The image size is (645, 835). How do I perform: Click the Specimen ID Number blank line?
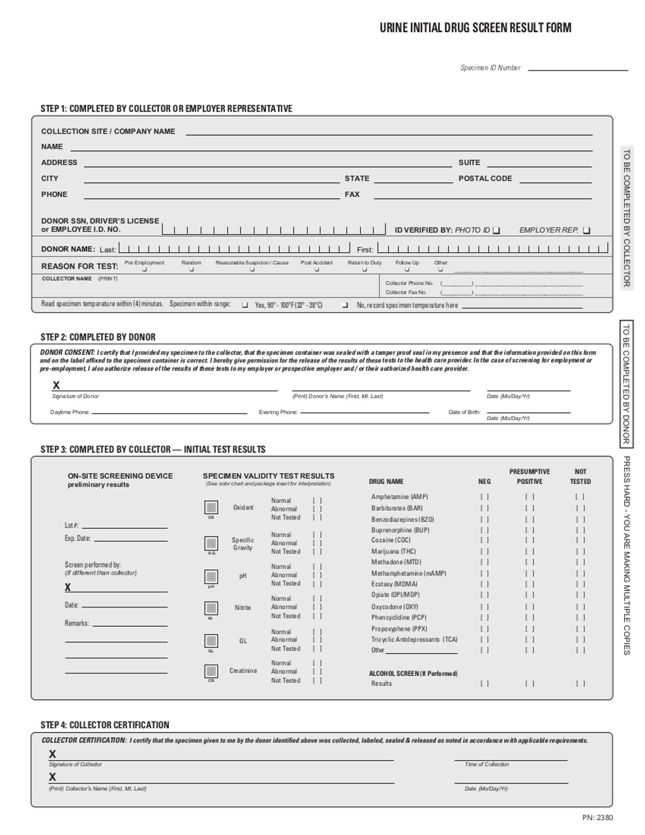578,68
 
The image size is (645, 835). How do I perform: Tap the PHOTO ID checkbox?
496,230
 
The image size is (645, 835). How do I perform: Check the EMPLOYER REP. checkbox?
586,230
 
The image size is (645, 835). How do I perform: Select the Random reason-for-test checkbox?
190,269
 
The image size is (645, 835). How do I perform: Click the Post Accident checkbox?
316,269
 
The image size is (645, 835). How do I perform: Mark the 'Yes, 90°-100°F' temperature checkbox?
245,305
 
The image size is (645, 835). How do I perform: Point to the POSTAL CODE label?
485,178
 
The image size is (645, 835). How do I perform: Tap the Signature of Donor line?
166,389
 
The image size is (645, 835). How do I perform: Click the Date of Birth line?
528,412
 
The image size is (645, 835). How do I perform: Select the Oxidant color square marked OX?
211,507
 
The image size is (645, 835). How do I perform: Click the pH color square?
211,577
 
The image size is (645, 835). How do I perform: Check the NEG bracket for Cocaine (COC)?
484,540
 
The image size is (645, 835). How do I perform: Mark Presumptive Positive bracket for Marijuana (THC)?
530,551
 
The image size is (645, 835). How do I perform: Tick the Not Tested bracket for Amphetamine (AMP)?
580,496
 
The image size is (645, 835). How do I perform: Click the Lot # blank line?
124,526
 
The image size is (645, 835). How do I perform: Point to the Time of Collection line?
511,760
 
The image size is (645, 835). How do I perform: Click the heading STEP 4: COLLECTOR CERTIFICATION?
104,725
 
